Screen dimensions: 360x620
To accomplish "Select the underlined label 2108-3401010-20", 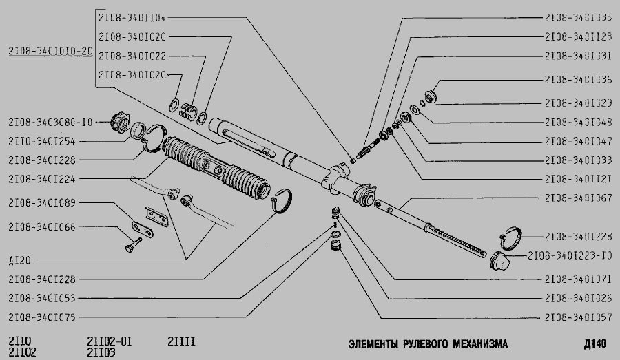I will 50,51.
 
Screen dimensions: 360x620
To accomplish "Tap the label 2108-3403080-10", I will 50,123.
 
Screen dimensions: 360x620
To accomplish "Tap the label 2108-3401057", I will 578,318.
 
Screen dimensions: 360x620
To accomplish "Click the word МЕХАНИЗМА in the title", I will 477,343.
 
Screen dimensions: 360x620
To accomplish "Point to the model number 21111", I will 182,341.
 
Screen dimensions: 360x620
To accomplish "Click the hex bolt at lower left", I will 134,244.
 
